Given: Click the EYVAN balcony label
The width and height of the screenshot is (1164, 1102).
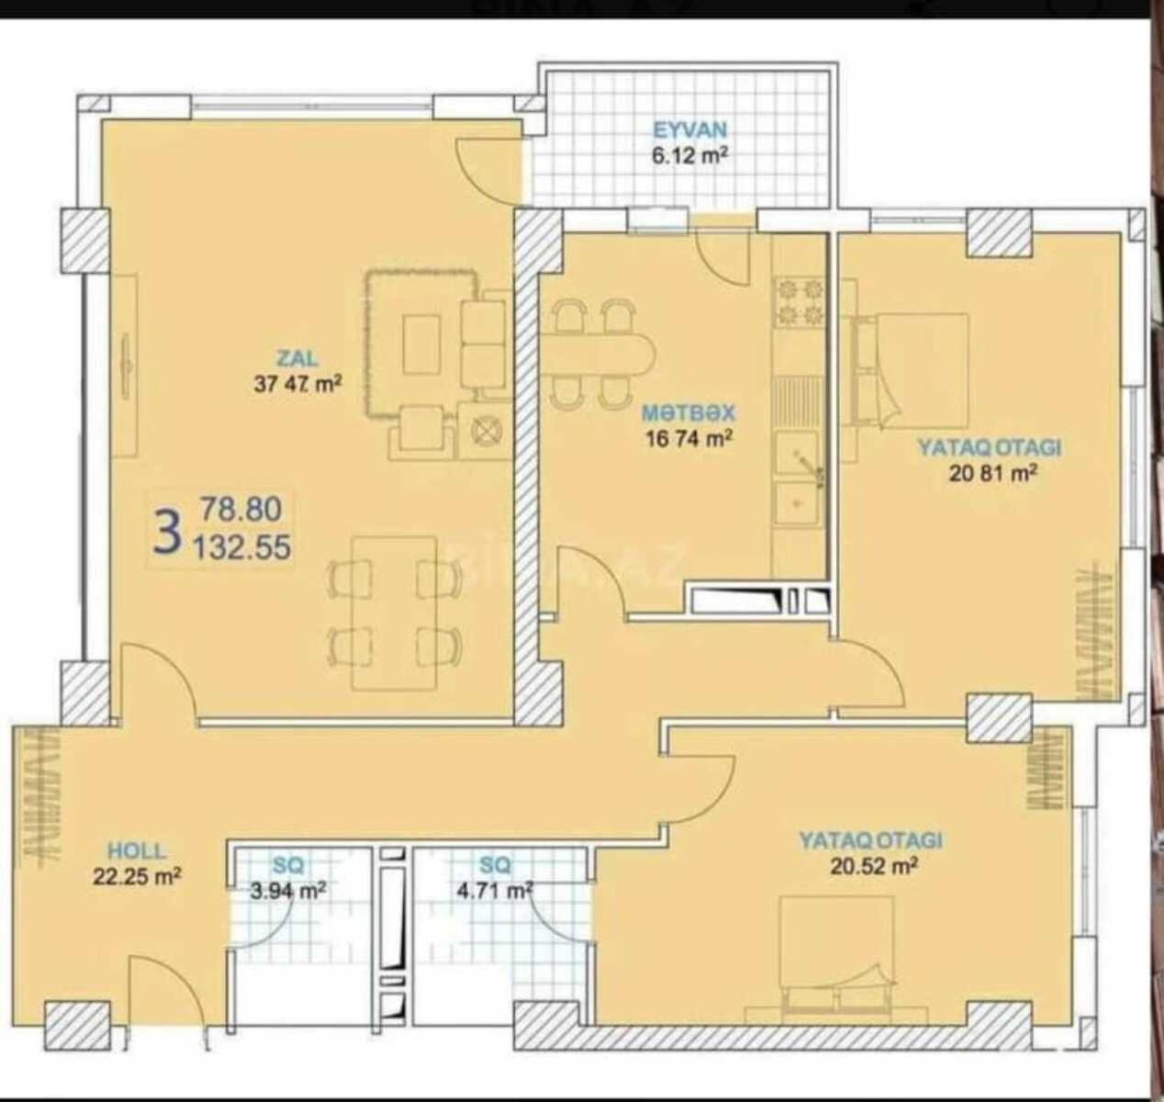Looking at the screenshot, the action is (689, 129).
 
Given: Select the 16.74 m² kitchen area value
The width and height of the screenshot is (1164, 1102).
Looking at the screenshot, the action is (689, 439).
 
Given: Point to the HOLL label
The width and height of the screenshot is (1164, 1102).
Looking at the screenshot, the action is (137, 850).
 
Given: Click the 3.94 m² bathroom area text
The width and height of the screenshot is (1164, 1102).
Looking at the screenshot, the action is (288, 891).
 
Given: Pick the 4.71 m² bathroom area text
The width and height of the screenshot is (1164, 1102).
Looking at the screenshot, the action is (495, 890).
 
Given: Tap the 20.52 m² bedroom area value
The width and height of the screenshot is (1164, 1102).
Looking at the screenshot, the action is (874, 866).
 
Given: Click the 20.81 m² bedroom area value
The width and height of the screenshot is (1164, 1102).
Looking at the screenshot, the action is (993, 473).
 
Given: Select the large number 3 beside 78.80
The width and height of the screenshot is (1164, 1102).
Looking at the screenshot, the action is (167, 532).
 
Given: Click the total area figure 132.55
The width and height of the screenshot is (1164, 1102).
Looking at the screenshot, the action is (242, 547).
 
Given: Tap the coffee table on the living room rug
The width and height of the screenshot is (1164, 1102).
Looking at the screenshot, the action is (421, 343).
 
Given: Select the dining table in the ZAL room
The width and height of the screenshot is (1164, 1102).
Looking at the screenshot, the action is (395, 613).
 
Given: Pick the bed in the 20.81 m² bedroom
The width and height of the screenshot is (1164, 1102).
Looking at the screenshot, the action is (912, 371).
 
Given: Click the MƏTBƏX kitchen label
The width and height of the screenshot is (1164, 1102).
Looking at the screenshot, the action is (688, 412).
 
